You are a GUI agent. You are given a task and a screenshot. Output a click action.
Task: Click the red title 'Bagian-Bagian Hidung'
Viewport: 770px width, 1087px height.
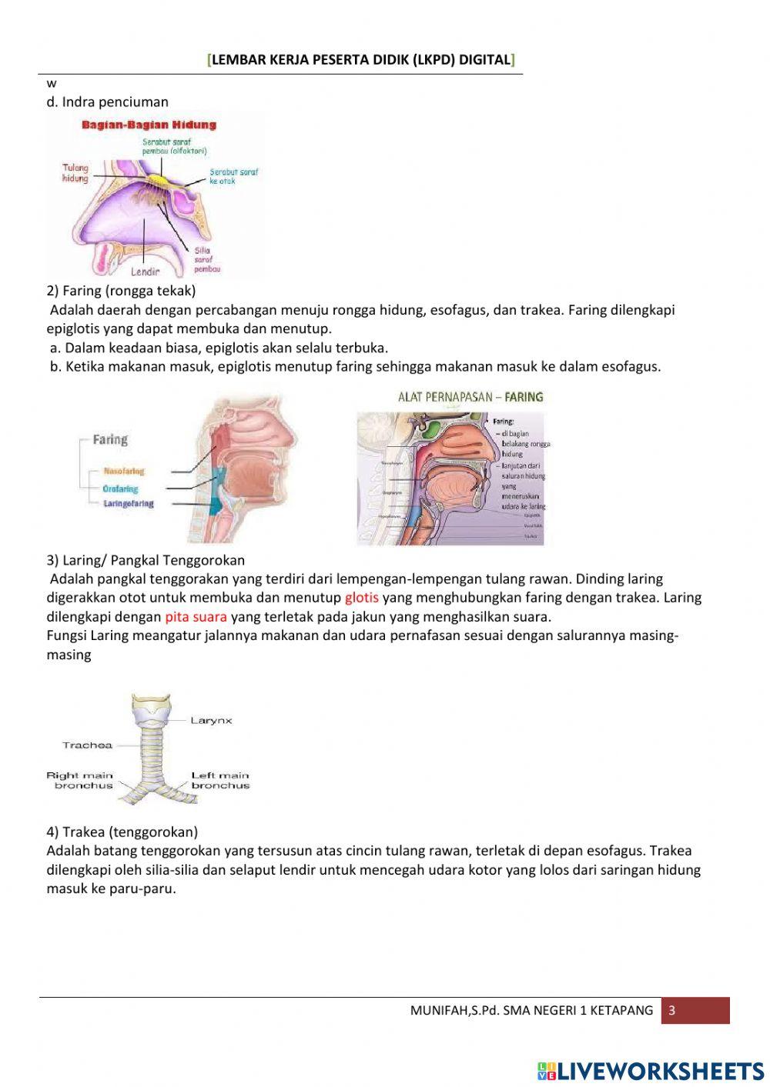(x=149, y=125)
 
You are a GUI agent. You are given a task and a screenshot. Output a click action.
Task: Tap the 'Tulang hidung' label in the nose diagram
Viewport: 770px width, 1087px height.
(x=75, y=173)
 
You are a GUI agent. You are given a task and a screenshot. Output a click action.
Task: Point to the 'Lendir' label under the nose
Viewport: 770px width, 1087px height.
(x=145, y=272)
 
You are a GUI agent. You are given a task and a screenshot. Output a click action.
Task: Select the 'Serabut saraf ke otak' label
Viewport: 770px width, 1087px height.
(x=233, y=176)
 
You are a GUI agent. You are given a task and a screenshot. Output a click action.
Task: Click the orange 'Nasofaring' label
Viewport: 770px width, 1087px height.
(x=123, y=471)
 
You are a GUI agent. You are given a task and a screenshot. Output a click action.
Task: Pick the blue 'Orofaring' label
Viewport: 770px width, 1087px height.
(x=120, y=488)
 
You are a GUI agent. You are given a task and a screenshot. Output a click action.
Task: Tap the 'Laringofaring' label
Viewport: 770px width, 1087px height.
(x=128, y=504)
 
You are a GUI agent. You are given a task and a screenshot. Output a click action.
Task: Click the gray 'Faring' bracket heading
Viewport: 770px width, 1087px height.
(x=110, y=440)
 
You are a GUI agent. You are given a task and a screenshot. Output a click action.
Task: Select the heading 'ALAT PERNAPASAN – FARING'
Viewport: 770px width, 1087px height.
(x=470, y=397)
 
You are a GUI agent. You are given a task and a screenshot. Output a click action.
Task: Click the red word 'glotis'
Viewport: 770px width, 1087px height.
(x=361, y=598)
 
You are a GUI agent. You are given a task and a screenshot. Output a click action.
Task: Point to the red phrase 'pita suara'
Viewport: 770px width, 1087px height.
(x=196, y=617)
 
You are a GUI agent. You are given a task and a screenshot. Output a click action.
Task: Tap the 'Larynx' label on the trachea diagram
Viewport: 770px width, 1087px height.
(x=211, y=721)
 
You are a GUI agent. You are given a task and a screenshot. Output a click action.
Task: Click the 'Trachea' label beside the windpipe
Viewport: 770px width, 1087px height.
(x=87, y=745)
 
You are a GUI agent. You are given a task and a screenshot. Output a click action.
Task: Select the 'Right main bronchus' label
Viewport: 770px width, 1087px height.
(x=80, y=780)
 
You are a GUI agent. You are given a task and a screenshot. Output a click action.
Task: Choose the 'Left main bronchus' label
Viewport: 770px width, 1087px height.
(x=220, y=780)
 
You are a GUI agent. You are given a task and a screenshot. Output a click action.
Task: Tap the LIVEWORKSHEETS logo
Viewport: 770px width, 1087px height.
(x=651, y=1071)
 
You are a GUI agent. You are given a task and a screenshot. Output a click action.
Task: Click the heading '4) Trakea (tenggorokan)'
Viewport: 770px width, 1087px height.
(x=122, y=832)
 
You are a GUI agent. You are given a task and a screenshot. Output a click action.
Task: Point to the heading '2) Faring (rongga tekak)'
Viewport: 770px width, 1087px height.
(x=121, y=291)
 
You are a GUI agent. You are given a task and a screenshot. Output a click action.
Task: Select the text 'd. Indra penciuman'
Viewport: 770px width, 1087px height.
(x=107, y=102)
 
